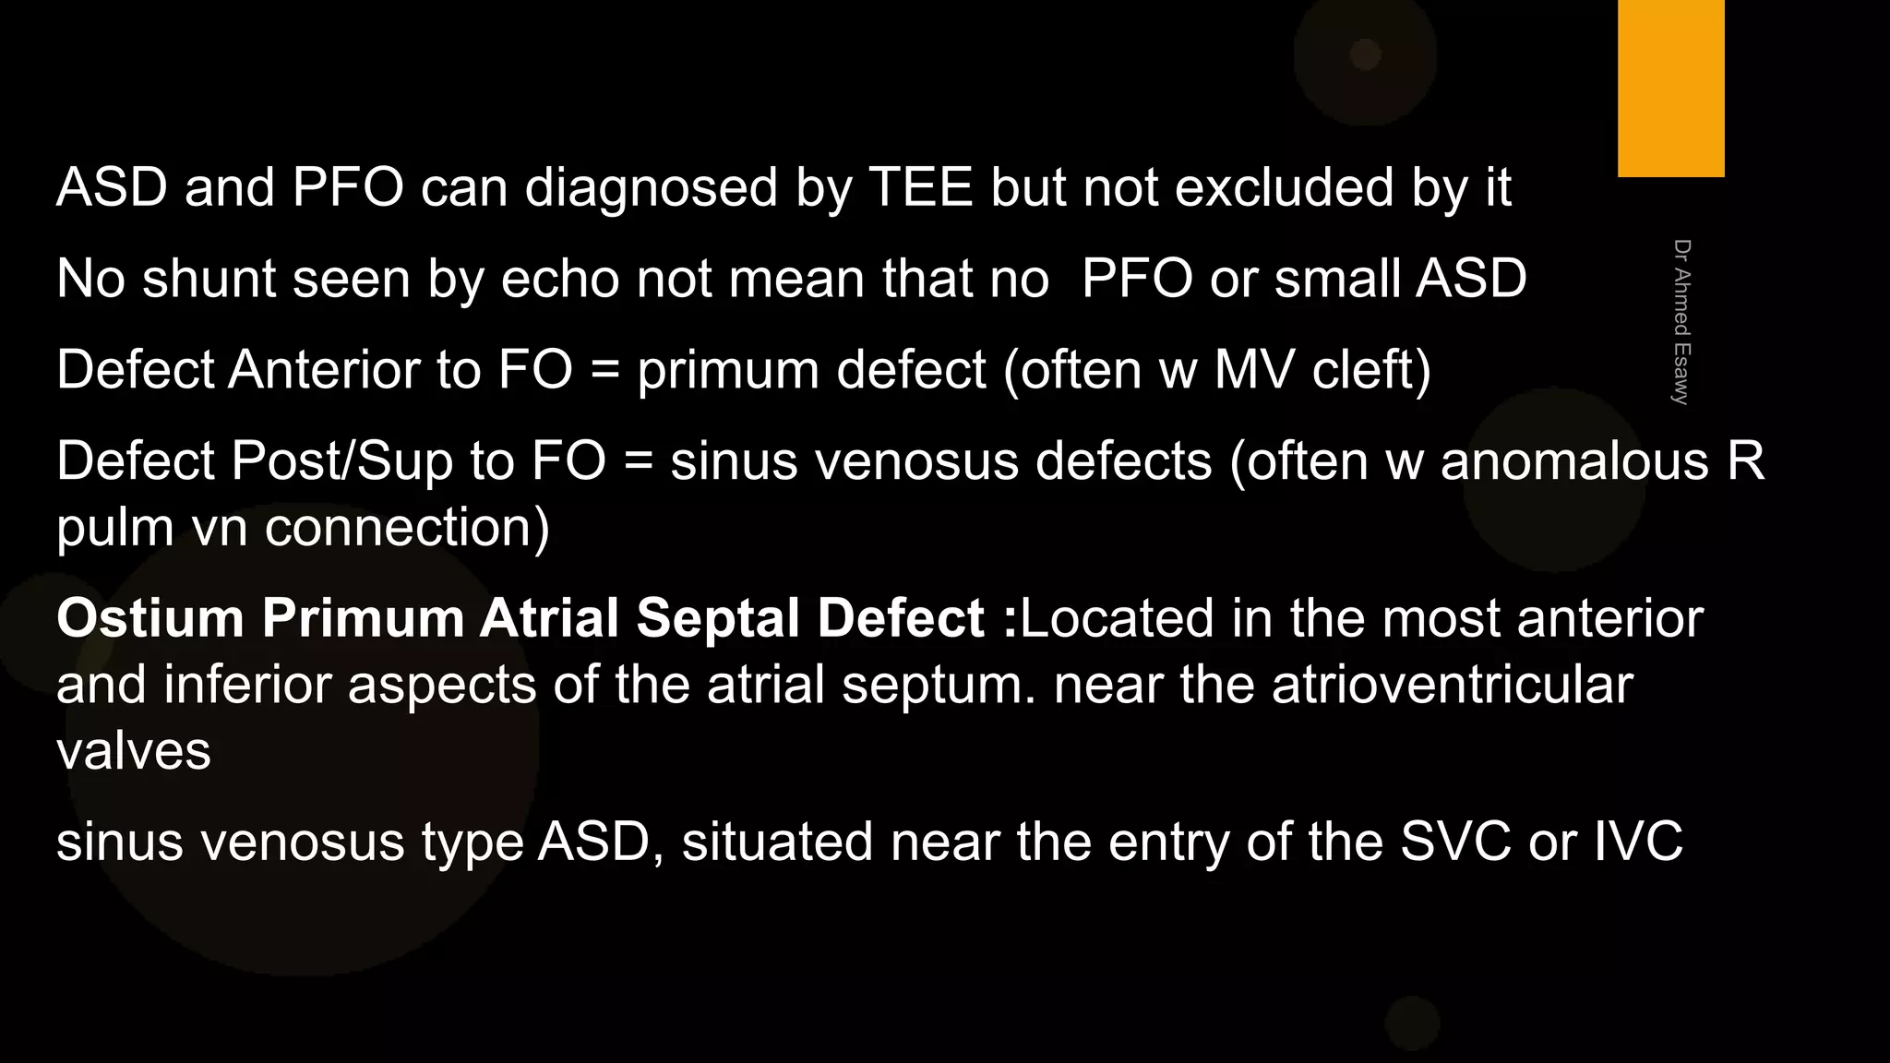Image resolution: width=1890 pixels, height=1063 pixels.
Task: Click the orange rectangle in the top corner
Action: pyautogui.click(x=1670, y=88)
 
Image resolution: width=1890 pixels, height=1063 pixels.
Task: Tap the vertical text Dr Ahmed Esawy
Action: pyautogui.click(x=1681, y=322)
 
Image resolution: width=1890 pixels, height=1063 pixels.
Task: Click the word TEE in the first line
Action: pyautogui.click(x=921, y=187)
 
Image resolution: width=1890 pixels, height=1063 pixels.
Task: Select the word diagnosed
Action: pyautogui.click(x=652, y=187)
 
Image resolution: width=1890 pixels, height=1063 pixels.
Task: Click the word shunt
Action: pyautogui.click(x=209, y=278)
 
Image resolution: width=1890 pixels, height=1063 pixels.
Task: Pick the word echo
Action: pyautogui.click(x=560, y=278)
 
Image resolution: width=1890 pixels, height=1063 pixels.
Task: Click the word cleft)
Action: pyautogui.click(x=1371, y=369)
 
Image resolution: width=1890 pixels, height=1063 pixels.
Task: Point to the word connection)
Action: pyautogui.click(x=406, y=528)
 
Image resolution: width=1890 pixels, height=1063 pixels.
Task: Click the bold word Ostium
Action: pyautogui.click(x=150, y=617)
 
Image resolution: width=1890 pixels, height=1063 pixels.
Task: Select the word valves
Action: pyautogui.click(x=134, y=750)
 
